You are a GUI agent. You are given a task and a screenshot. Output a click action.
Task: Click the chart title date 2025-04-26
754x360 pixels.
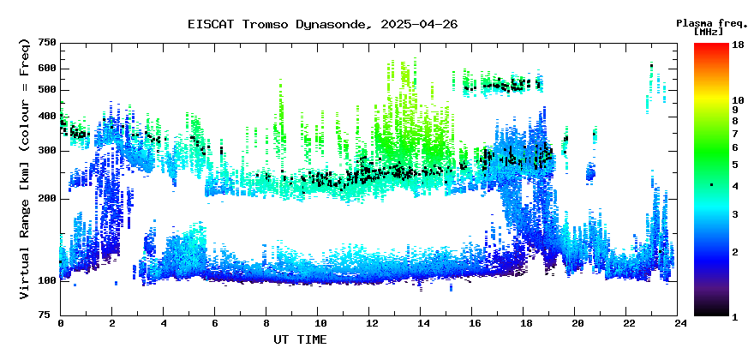(419, 24)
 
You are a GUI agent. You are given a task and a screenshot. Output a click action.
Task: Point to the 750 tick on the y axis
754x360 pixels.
(51, 44)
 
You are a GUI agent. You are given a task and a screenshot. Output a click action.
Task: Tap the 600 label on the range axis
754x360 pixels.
(51, 69)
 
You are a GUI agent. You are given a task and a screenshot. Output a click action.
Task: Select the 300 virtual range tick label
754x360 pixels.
(51, 151)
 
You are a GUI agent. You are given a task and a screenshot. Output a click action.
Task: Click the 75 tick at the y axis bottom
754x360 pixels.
(52, 315)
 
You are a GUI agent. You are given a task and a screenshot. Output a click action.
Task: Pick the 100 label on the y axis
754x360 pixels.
(51, 280)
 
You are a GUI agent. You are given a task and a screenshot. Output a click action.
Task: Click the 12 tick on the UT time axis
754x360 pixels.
(368, 324)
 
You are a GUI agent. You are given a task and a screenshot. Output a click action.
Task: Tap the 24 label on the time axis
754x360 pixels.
(678, 324)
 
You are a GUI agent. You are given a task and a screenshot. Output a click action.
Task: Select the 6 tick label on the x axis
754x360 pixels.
(215, 324)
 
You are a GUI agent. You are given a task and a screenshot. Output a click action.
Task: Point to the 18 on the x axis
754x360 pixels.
(524, 324)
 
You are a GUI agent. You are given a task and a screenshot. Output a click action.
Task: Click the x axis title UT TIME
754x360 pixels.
(300, 339)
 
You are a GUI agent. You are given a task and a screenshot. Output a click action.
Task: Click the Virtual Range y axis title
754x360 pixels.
(25, 169)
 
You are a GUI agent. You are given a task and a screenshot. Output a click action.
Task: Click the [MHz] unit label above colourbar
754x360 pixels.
(709, 32)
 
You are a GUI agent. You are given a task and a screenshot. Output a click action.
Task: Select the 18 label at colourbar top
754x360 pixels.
(738, 44)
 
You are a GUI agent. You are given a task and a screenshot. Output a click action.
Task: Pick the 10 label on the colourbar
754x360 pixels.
(738, 100)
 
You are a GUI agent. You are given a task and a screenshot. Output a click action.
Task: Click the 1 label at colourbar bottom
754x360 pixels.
(735, 316)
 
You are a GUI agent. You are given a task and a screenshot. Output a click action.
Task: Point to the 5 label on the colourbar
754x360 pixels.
(735, 165)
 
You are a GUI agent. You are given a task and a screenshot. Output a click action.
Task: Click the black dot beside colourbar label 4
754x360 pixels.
(712, 185)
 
